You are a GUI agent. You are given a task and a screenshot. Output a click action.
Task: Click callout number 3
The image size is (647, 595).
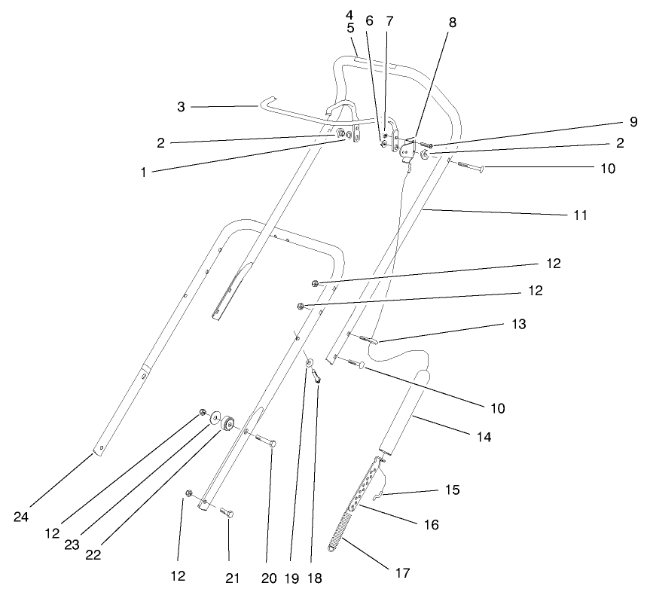point(181,107)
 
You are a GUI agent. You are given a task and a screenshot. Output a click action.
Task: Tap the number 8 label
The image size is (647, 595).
point(452,23)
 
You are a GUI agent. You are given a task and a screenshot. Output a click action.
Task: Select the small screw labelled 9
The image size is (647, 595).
point(426,142)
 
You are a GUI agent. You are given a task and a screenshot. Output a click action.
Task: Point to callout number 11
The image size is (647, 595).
point(578,215)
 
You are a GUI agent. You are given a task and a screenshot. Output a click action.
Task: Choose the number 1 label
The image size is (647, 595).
point(142,172)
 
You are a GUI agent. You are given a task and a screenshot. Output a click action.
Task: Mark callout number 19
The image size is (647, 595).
point(292,578)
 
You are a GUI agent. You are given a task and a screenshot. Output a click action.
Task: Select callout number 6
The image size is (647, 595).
point(369,22)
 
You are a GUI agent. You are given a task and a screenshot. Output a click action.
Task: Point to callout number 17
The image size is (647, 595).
point(402,573)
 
